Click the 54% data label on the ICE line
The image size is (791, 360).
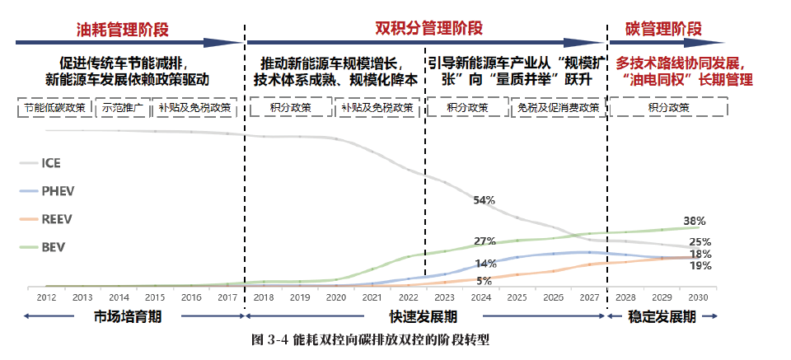[x=484, y=200]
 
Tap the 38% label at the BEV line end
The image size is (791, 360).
[x=695, y=221]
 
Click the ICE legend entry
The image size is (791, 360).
[x=51, y=163]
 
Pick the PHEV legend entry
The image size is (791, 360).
[x=58, y=191]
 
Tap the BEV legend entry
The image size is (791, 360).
[x=53, y=247]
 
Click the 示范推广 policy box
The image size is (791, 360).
[x=123, y=108]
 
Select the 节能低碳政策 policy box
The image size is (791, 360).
[x=55, y=108]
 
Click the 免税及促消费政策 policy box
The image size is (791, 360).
[x=558, y=108]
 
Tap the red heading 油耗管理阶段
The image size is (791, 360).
[x=122, y=30]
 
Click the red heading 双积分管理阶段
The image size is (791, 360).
[x=429, y=27]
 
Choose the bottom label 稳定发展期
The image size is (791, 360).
[x=667, y=316]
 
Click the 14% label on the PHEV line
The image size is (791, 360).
[x=485, y=264]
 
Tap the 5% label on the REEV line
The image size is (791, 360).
[x=484, y=281]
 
